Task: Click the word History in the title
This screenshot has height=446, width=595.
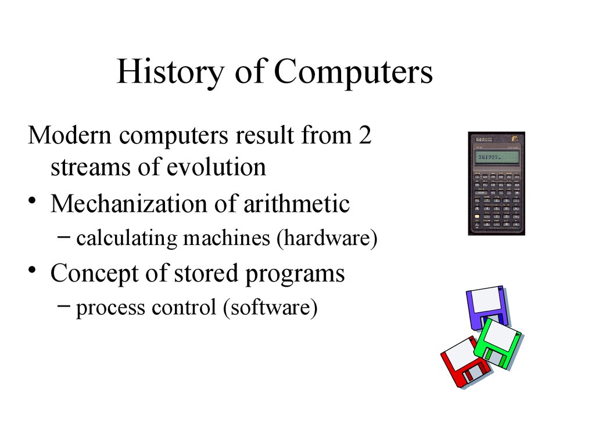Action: coord(170,71)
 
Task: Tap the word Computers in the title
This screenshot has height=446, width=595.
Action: coord(353,71)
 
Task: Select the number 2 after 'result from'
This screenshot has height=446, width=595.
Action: coord(365,135)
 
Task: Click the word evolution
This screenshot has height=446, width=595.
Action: coord(216,167)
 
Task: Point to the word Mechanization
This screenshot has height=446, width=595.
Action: coord(129,204)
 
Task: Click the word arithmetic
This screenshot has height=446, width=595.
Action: coord(296,204)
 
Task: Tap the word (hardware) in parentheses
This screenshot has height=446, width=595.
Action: coord(327,239)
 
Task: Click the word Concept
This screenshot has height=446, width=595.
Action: coord(95,274)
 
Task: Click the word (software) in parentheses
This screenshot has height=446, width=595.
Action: coord(270,307)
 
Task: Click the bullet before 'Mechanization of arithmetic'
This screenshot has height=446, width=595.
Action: coord(33,200)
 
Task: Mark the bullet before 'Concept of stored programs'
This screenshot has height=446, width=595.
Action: coord(33,269)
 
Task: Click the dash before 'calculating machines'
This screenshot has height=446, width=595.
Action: coord(64,237)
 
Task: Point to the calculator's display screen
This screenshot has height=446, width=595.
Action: coord(497,156)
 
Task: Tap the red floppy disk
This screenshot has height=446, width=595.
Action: coord(464,362)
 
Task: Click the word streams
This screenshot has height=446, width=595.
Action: coord(91,167)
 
